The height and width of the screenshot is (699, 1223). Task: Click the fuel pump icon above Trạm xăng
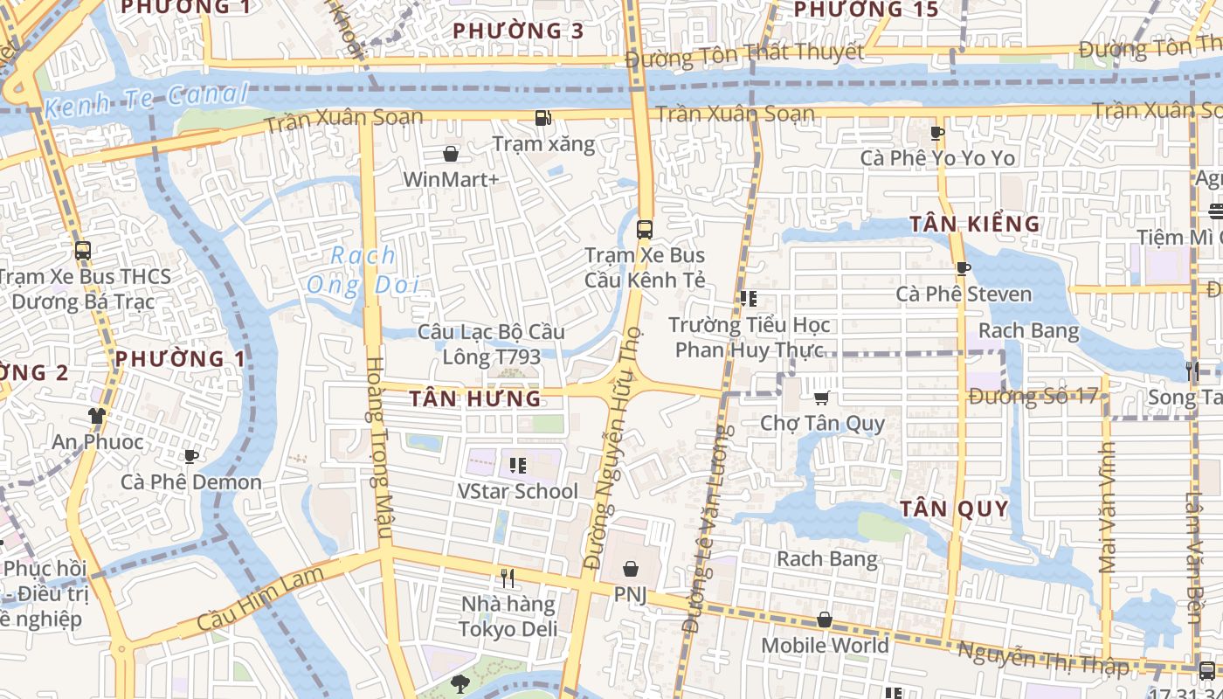[x=542, y=118]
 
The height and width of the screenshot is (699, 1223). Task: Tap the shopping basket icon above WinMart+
[x=451, y=154]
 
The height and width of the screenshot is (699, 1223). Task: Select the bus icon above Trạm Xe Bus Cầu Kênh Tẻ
[x=645, y=230]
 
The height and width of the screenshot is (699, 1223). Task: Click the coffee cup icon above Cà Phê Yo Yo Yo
[x=937, y=133]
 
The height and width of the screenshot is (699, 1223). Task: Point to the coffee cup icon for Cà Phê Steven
[x=963, y=268]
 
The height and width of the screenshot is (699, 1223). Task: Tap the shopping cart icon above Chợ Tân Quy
[x=821, y=398]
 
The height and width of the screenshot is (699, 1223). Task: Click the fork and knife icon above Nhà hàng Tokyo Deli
[x=508, y=578]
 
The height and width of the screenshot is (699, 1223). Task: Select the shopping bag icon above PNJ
[x=630, y=569]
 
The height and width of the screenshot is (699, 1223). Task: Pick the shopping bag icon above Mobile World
[x=824, y=619]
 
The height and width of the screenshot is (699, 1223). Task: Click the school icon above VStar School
[x=517, y=466]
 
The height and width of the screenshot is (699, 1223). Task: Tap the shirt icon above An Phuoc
[x=96, y=416]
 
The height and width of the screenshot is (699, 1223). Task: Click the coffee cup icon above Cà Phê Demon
[x=191, y=456]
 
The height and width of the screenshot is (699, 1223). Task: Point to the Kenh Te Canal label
[x=147, y=100]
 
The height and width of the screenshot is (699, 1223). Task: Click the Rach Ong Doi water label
[x=363, y=270]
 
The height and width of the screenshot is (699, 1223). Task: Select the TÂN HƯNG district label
[x=475, y=399]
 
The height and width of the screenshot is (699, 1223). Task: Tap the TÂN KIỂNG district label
[x=975, y=224]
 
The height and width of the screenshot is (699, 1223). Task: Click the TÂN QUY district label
[x=954, y=509]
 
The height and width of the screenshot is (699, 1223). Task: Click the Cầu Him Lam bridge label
[x=259, y=599]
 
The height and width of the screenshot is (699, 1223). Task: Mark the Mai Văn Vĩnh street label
[x=1108, y=507]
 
